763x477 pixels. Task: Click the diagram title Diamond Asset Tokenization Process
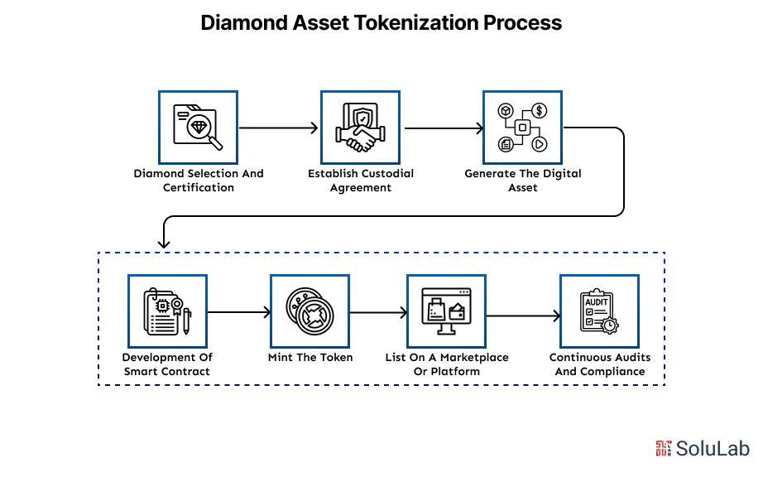[381, 23]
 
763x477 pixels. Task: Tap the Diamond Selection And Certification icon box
[198, 128]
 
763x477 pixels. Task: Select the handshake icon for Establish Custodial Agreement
[360, 128]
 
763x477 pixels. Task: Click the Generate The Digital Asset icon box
[522, 128]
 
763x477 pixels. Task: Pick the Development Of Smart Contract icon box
[167, 311]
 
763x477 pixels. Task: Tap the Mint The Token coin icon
[310, 311]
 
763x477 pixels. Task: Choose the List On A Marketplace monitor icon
[446, 311]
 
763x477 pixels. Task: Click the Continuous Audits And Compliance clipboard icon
[599, 311]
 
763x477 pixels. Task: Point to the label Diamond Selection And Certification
[199, 181]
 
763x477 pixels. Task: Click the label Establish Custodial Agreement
[361, 181]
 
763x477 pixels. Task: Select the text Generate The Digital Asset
[523, 181]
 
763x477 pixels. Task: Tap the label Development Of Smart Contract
[167, 364]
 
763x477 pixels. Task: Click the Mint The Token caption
[310, 358]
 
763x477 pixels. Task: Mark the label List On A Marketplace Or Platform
[447, 364]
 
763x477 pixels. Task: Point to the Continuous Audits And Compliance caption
[600, 364]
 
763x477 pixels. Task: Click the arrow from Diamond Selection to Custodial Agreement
[279, 128]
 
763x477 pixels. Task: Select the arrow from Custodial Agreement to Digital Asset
[442, 128]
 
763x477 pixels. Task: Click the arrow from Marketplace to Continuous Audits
[522, 316]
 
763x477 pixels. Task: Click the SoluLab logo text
[713, 449]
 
